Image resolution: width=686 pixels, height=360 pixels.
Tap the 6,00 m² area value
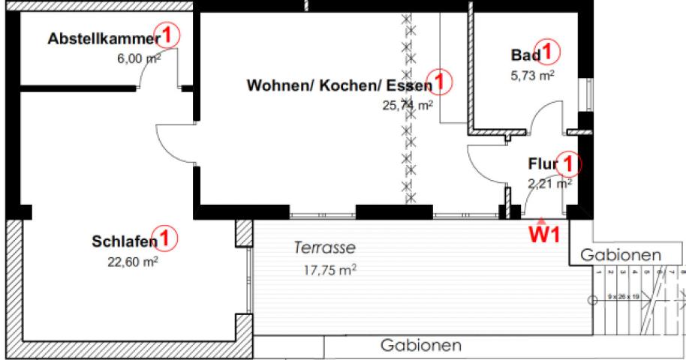(139, 58)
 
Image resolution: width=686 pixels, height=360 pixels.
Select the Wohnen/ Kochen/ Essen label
(339, 85)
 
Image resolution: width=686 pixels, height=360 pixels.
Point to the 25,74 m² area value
(408, 106)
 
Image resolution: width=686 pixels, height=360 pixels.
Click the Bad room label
(525, 55)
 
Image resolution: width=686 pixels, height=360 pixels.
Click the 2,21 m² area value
(550, 182)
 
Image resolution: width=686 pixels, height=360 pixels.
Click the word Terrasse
(324, 247)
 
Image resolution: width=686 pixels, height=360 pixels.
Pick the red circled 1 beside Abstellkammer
(171, 34)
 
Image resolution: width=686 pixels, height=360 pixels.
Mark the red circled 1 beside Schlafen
(167, 238)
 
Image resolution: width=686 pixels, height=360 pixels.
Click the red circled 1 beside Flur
(570, 162)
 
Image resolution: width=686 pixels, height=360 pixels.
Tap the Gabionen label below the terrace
(421, 346)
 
